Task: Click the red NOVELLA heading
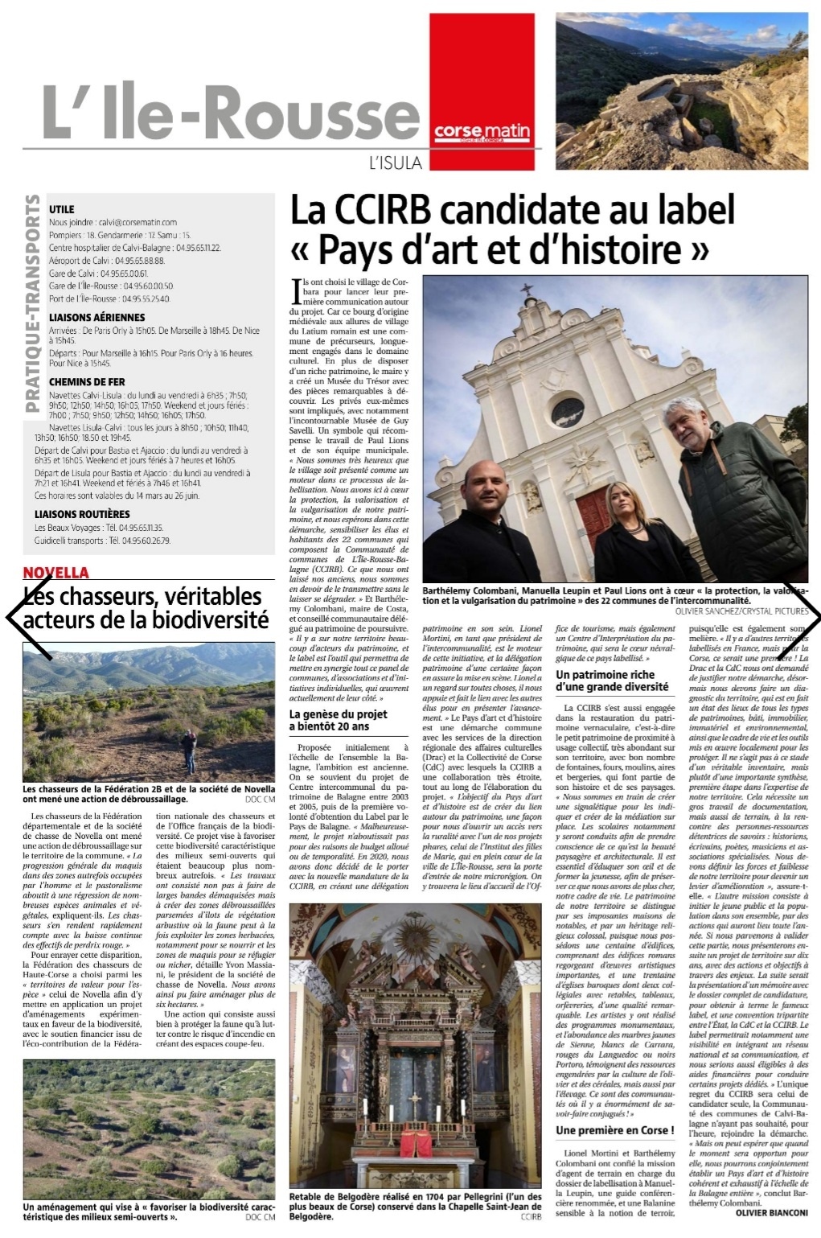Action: coord(56,573)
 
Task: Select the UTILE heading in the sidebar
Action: coord(62,208)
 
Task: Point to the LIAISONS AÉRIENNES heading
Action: coord(97,318)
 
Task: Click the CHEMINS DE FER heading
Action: coord(88,381)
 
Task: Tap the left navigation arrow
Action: coord(23,617)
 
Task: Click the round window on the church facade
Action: coord(567,412)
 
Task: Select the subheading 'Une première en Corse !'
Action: coord(614,1129)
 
